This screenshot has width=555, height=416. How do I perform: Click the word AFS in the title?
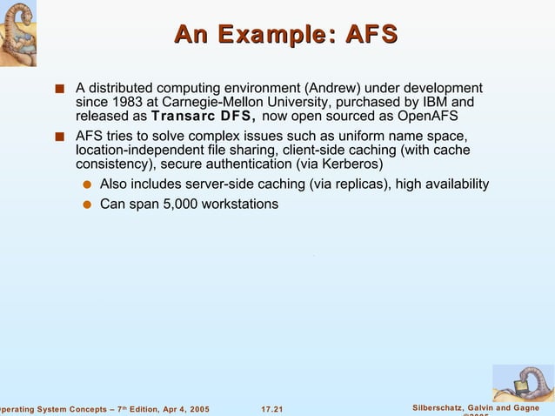371,34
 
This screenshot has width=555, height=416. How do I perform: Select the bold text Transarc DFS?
204,117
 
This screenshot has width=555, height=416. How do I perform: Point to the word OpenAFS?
429,117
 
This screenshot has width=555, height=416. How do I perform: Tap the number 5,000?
170,205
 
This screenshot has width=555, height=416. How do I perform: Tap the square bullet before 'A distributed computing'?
58,89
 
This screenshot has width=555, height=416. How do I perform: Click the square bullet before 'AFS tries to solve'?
58,137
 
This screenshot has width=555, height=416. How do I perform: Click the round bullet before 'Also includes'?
88,185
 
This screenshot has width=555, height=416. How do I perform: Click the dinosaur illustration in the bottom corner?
524,382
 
